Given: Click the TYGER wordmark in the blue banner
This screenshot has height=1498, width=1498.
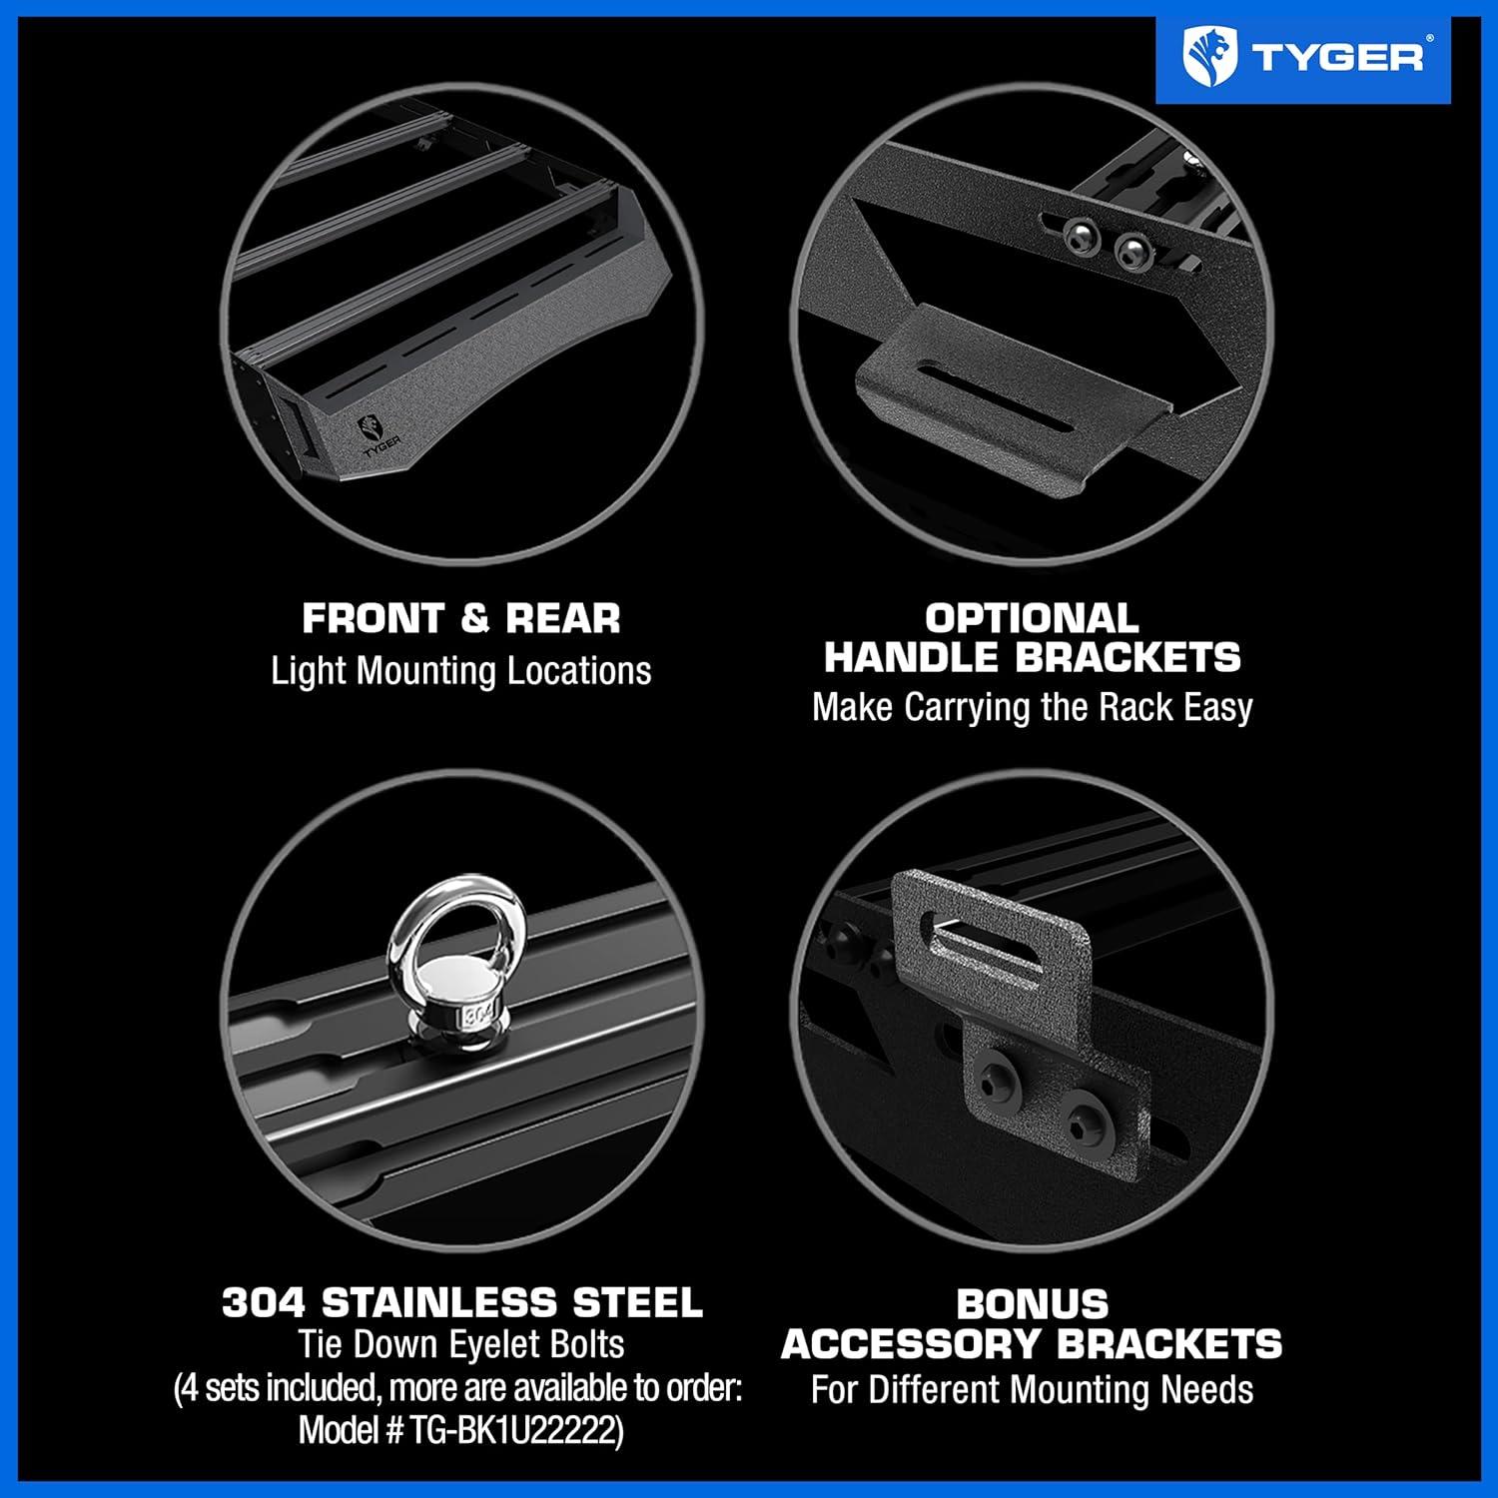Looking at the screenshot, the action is (x=1337, y=57).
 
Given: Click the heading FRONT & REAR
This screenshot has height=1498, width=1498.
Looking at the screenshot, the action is (x=461, y=618).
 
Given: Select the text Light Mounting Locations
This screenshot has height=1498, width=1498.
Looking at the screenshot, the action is (x=461, y=670).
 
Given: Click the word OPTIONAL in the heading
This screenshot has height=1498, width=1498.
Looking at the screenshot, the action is (x=1032, y=618).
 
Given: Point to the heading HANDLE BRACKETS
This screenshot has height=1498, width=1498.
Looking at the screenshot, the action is (x=1032, y=657).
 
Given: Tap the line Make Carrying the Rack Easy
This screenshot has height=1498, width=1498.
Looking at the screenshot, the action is (x=1032, y=707).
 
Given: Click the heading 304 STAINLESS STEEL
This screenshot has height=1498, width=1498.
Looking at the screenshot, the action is (x=461, y=1302).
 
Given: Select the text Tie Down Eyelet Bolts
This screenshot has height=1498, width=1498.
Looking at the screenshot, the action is (x=461, y=1344).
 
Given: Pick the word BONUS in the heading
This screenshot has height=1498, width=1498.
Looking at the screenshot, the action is (x=1032, y=1304).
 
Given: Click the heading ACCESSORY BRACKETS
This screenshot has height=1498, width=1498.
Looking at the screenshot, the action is (x=1032, y=1344).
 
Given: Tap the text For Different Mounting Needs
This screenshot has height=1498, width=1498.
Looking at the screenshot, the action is (x=1032, y=1389).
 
